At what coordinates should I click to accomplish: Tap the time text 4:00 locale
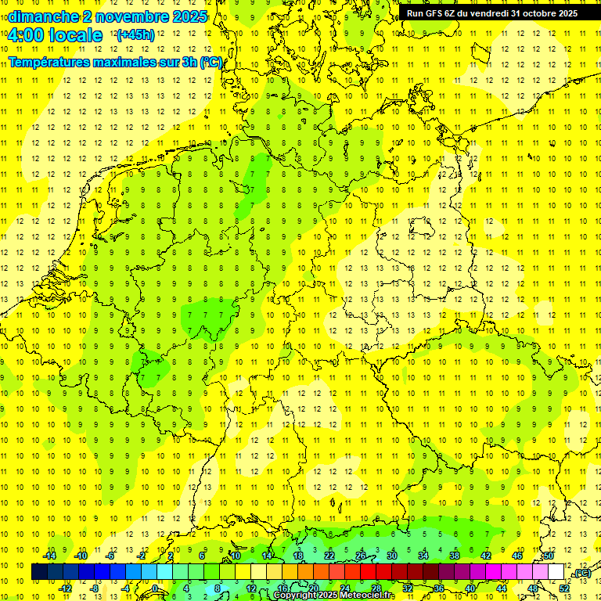(54, 35)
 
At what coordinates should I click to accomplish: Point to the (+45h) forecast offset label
(135, 35)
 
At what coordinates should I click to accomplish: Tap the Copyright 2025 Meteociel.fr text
(334, 596)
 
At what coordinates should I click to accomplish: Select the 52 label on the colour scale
(564, 588)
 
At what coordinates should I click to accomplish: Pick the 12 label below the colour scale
(251, 588)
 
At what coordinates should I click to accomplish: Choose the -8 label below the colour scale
(95, 588)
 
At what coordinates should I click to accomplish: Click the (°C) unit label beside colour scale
(581, 573)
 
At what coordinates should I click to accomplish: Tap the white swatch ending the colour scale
(556, 572)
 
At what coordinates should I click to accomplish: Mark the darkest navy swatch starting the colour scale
(39, 572)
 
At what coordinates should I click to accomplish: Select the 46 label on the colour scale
(516, 555)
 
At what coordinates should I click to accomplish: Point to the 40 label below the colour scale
(470, 588)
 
